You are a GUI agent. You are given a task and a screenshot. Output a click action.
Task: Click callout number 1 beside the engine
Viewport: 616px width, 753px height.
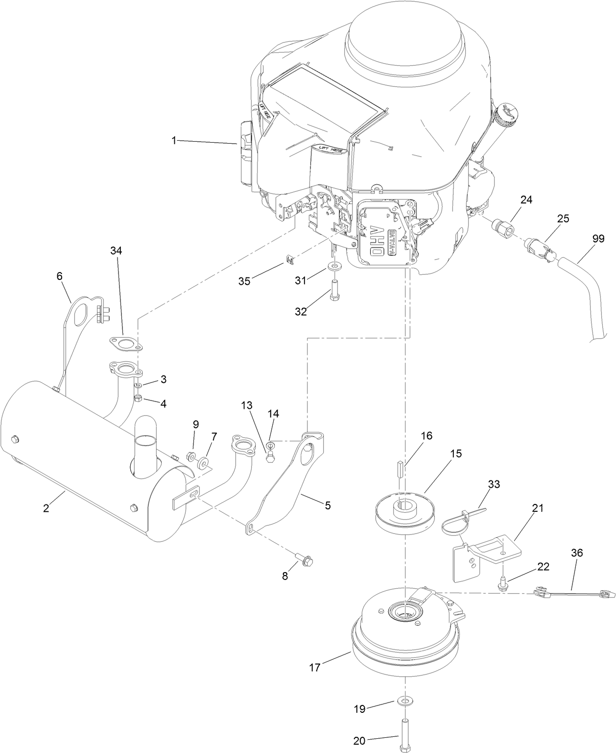click(173, 141)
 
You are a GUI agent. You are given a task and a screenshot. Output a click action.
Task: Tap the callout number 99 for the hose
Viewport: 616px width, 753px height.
click(597, 239)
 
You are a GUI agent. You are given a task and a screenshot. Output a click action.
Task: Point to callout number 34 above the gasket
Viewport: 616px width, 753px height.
click(116, 251)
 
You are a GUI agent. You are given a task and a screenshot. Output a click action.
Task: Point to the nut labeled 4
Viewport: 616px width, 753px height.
click(139, 398)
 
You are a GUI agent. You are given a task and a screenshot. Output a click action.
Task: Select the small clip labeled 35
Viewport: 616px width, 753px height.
click(289, 258)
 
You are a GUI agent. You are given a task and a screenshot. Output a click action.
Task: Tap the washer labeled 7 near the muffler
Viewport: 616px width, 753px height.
click(203, 462)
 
